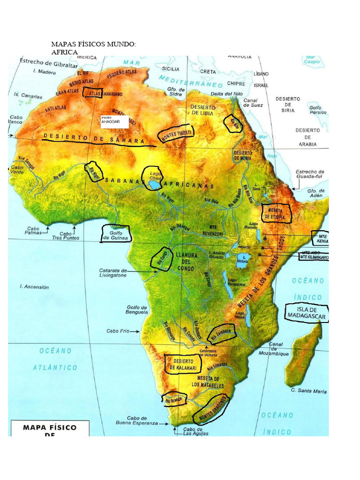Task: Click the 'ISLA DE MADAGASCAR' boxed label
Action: pyautogui.click(x=307, y=313)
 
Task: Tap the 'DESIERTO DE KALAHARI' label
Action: pyautogui.click(x=183, y=364)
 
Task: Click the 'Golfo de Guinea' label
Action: pyautogui.click(x=116, y=235)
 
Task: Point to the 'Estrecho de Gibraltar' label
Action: pyautogui.click(x=49, y=62)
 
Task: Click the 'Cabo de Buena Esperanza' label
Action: pyautogui.click(x=137, y=420)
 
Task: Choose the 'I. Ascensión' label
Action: pyautogui.click(x=34, y=287)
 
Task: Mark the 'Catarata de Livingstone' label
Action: pyautogui.click(x=113, y=273)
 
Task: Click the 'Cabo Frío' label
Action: pyautogui.click(x=118, y=331)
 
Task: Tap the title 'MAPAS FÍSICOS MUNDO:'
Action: pyautogui.click(x=93, y=44)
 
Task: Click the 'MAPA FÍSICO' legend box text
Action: pyautogui.click(x=50, y=427)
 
